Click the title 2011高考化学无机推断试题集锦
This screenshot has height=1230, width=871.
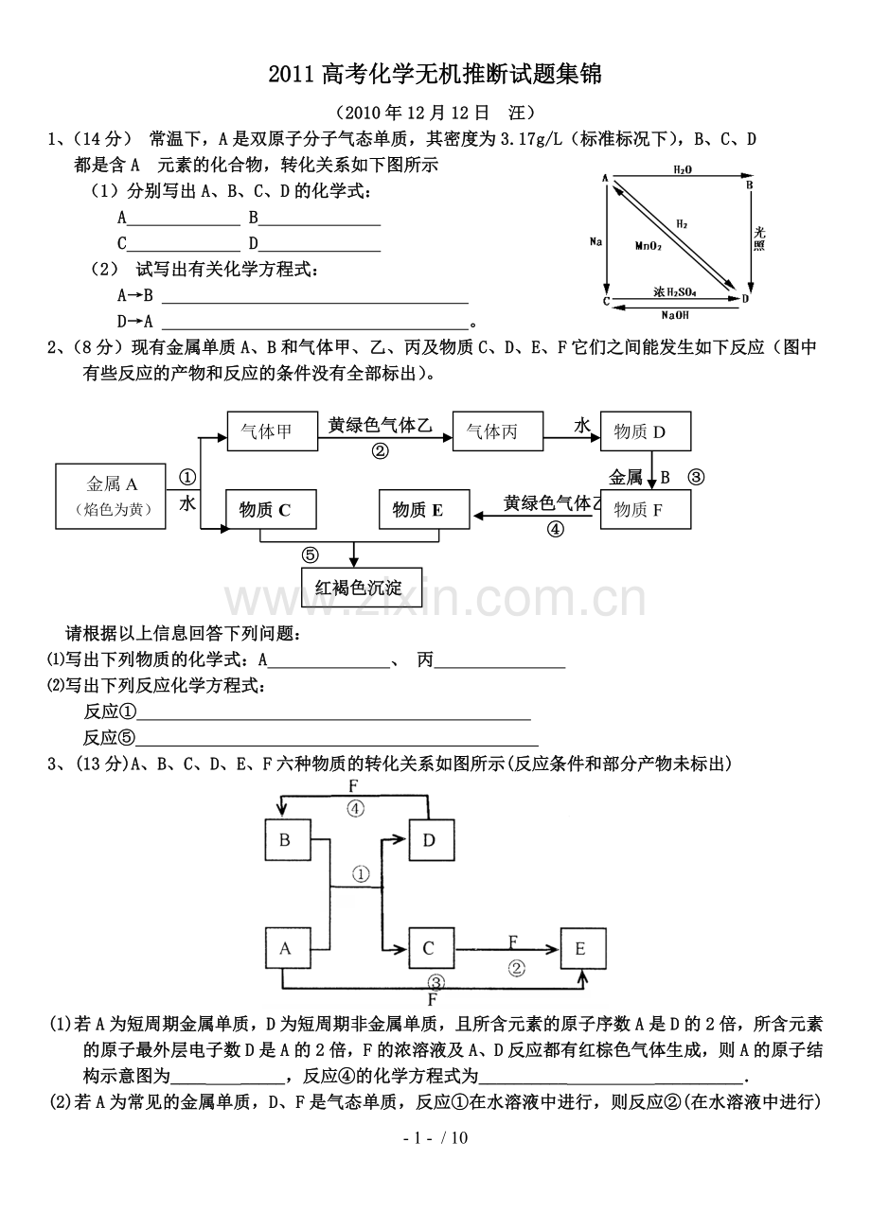435,74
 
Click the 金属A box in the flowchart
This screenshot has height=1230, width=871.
113,495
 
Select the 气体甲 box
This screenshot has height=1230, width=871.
266,431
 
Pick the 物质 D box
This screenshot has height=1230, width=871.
646,432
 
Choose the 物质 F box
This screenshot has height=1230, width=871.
646,510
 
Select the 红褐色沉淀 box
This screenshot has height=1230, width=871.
358,588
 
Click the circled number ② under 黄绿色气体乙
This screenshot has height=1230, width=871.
380,452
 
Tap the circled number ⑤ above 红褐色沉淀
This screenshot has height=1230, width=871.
311,554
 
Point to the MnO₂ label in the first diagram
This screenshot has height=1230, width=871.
649,245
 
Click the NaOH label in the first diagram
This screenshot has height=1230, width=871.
675,315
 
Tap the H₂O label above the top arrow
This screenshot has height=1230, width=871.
682,168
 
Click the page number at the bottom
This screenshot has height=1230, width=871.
435,1137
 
